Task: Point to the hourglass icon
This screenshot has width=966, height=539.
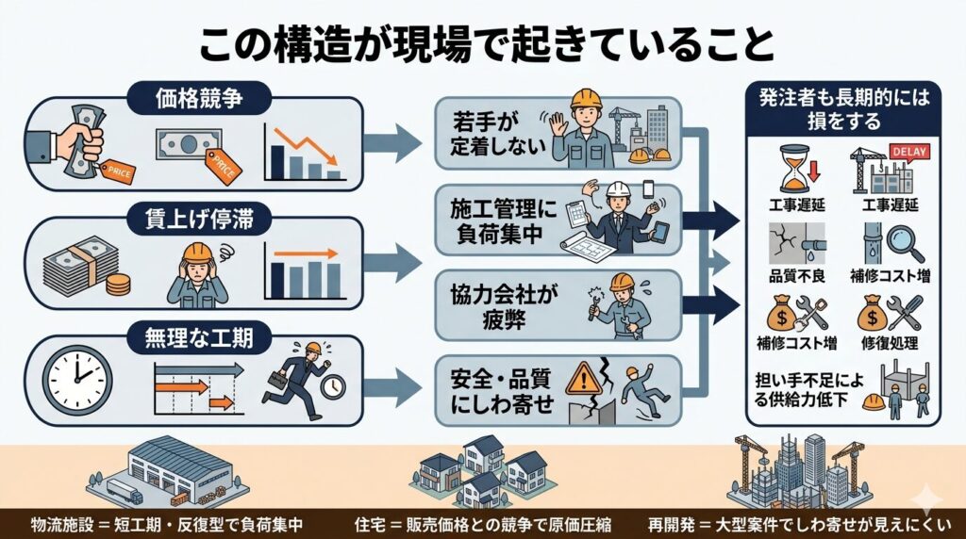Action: [x=794, y=168]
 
